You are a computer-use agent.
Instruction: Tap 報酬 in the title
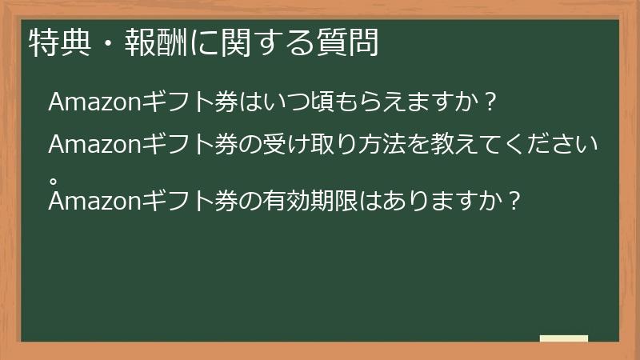[149, 42]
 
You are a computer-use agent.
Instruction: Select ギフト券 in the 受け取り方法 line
[189, 146]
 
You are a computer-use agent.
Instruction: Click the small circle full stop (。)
[54, 172]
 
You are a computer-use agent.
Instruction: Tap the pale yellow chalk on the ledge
[564, 338]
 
